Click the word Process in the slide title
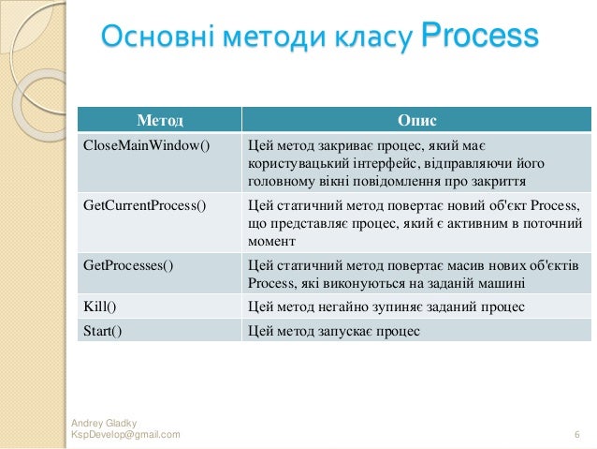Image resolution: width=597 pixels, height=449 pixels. [x=480, y=37]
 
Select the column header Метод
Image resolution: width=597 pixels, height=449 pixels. [x=159, y=121]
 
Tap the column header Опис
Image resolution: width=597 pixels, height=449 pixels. [x=416, y=121]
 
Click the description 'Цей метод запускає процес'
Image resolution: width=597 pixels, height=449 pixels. [x=334, y=330]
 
